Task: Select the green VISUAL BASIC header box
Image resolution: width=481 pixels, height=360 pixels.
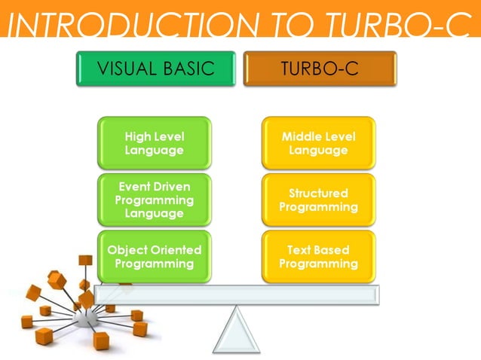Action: (156, 69)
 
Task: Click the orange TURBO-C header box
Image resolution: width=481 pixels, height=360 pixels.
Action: (319, 69)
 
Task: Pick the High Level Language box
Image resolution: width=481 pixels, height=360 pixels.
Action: (155, 143)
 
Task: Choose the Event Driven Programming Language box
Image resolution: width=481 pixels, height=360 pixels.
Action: (155, 200)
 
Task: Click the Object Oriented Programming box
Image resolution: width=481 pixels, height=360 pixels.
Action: (155, 257)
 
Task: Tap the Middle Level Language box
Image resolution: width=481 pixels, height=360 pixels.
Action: (318, 143)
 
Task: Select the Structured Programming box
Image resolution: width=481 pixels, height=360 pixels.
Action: (318, 200)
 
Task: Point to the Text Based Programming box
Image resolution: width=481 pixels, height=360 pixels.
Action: (318, 257)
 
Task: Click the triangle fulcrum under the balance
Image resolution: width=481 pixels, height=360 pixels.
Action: (236, 333)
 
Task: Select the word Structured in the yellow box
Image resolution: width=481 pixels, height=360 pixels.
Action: (318, 194)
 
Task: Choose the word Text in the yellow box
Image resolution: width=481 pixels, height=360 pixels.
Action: (300, 250)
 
